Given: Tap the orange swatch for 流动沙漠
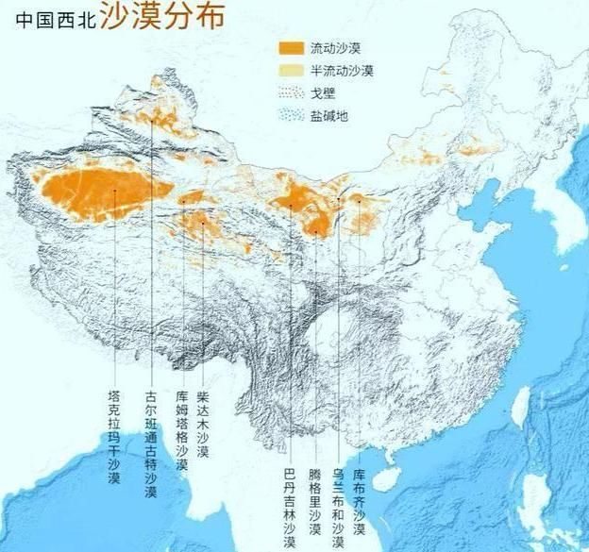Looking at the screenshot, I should [292, 48].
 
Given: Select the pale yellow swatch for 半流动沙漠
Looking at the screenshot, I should [292, 71].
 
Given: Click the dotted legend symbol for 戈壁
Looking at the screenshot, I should [292, 92].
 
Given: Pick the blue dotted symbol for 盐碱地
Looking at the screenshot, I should [292, 114].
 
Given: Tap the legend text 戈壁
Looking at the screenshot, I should [323, 92].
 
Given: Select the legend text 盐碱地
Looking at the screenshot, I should [328, 114].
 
